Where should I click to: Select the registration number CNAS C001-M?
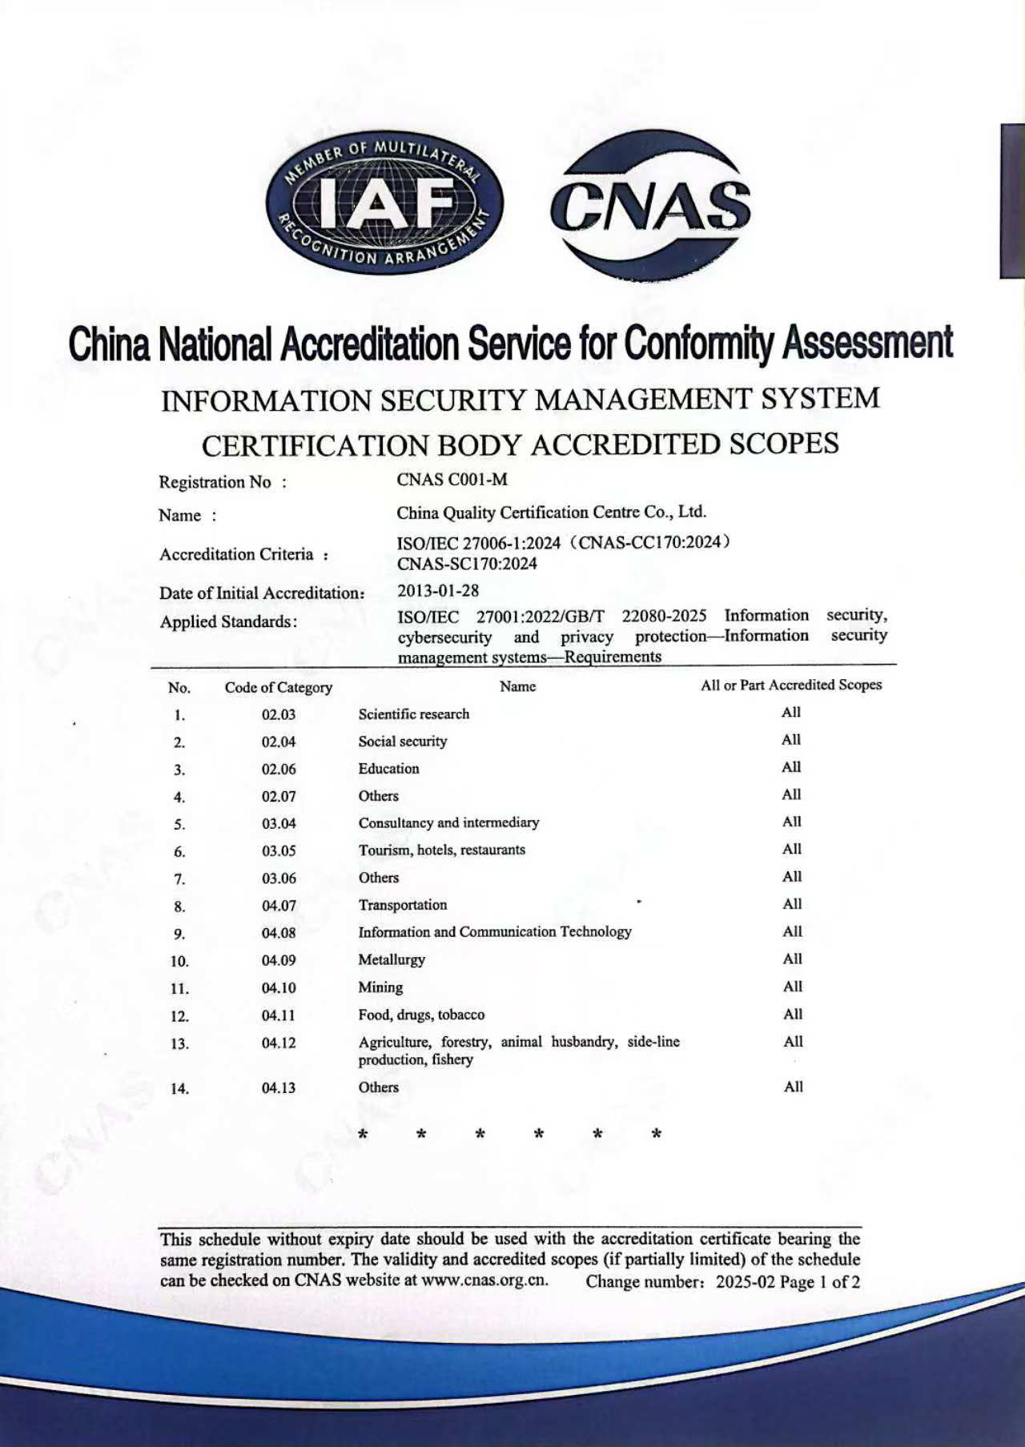452,480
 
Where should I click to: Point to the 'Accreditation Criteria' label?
236,554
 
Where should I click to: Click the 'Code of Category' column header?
279,687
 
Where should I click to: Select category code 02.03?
279,714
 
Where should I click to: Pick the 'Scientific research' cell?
414,714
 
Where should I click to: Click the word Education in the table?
389,769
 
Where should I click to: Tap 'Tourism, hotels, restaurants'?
442,850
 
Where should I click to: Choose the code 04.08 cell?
279,933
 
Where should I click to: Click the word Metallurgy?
392,959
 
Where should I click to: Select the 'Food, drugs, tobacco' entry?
421,1015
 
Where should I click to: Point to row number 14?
180,1088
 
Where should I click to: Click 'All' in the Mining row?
793,987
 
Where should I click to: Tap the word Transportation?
403,905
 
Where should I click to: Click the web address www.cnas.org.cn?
484,1280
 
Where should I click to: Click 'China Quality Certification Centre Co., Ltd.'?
552,512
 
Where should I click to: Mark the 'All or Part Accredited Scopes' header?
791,685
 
